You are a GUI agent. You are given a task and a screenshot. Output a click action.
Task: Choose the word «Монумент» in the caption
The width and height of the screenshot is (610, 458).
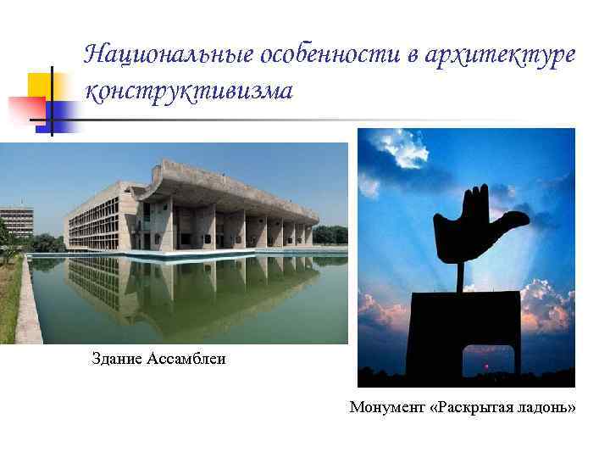click(387, 408)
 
